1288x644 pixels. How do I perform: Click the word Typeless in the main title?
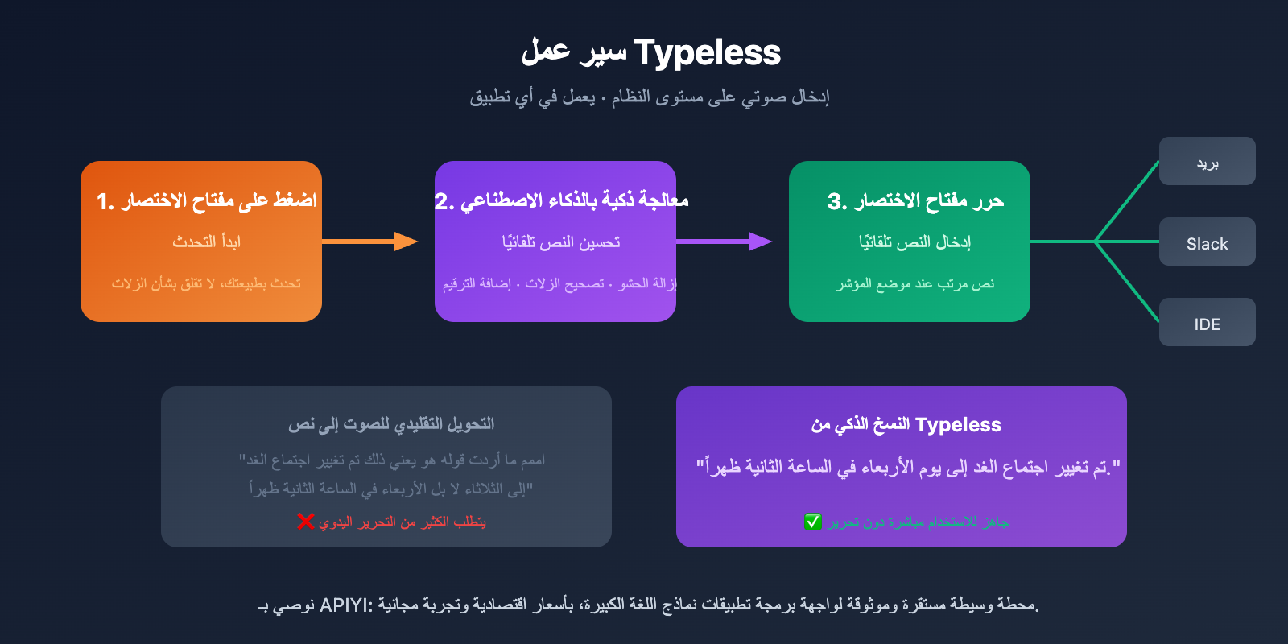[707, 53]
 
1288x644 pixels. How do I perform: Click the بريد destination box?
[1207, 161]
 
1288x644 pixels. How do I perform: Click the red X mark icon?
[305, 522]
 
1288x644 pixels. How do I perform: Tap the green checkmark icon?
[813, 522]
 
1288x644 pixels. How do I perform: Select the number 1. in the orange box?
[105, 201]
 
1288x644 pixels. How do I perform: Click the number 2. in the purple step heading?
[444, 201]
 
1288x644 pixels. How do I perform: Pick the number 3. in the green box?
[836, 201]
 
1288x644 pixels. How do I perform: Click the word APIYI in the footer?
[344, 605]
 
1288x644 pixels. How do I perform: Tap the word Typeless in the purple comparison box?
[958, 425]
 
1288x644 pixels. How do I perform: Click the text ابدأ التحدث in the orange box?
[206, 242]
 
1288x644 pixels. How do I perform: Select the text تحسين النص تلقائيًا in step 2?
[561, 242]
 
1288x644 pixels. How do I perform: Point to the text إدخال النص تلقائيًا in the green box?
[914, 242]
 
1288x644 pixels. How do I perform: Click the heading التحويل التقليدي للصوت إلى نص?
[391, 424]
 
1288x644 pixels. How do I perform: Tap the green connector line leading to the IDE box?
[1127, 282]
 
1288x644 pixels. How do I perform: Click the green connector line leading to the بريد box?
[1127, 201]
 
